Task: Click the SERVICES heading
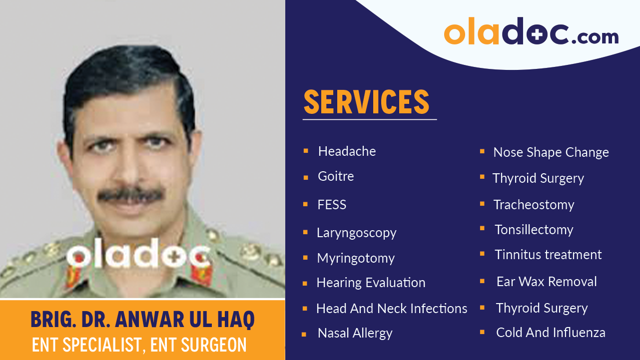point(366,102)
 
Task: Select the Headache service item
point(347,151)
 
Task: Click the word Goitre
point(336,176)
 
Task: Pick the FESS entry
point(332,205)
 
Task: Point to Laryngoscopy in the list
point(356,233)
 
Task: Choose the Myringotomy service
point(356,258)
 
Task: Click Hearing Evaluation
point(371,283)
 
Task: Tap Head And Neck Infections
point(392,309)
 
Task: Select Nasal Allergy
point(355,333)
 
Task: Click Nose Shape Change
point(551,152)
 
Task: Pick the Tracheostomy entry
point(534,205)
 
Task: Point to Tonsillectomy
point(534,230)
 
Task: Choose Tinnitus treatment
point(548,255)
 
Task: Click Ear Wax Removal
point(547,282)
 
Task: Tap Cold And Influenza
point(551,333)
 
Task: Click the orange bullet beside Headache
point(306,150)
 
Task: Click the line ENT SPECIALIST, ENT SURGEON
point(139,345)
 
